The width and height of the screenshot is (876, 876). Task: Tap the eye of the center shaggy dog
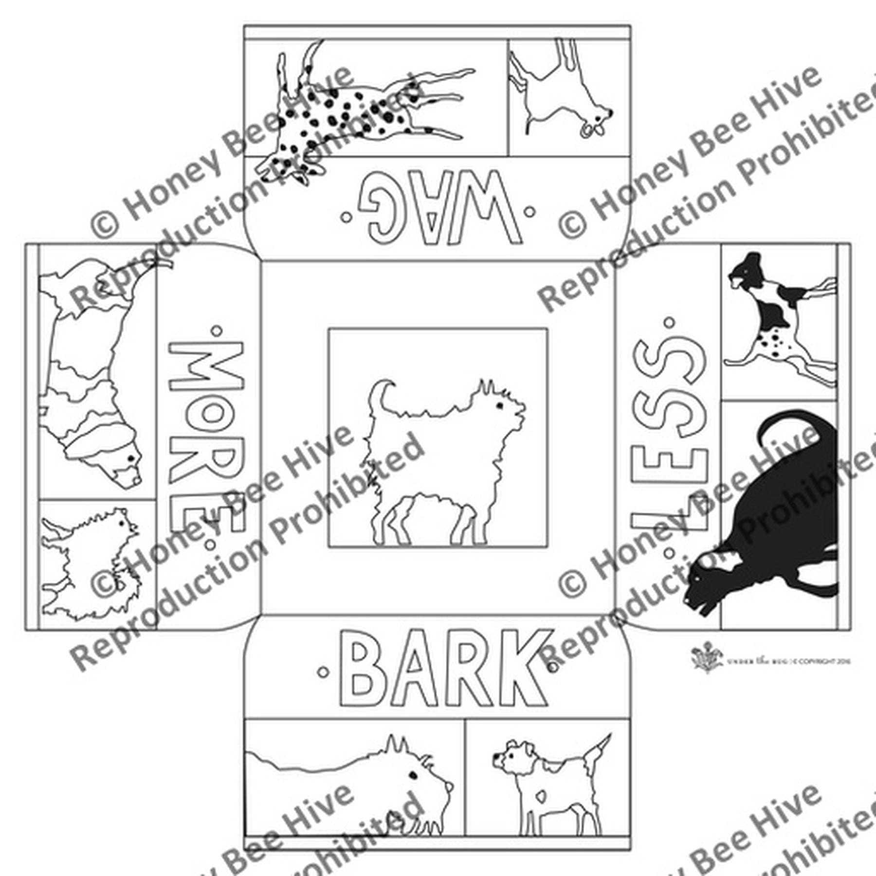(x=499, y=405)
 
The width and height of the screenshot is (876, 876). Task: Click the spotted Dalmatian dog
(x=350, y=112)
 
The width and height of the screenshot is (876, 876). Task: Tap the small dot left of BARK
(x=322, y=672)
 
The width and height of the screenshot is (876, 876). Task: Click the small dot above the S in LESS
(x=669, y=322)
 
